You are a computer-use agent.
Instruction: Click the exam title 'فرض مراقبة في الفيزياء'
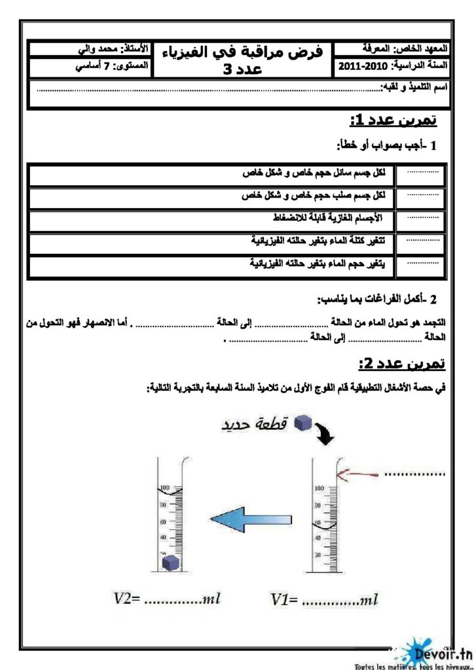(246, 53)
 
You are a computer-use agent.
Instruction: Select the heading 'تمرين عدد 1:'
(393, 121)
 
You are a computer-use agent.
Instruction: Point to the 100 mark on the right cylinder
(319, 488)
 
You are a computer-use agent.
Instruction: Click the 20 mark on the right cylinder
(318, 554)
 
